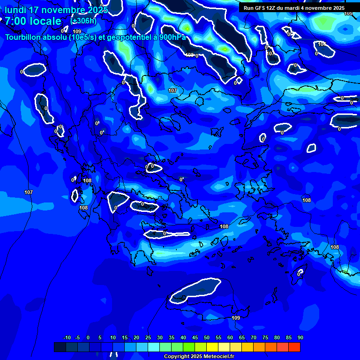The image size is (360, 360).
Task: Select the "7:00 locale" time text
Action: tap(33, 21)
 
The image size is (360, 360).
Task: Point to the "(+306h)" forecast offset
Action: tap(83, 21)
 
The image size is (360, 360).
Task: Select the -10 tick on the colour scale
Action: tap(67, 337)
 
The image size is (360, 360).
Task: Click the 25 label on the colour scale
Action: tap(148, 337)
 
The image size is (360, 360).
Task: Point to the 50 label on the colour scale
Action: tap(207, 337)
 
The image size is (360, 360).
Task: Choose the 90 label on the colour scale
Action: tap(300, 337)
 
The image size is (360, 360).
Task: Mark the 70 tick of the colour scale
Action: tap(254, 337)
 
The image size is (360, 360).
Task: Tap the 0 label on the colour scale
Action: tap(89, 337)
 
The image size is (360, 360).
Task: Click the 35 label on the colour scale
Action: tap(172, 337)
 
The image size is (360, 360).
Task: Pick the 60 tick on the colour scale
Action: tap(230, 337)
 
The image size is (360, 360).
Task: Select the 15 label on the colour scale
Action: tap(125, 337)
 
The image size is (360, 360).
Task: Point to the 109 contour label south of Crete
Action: tap(236, 318)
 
